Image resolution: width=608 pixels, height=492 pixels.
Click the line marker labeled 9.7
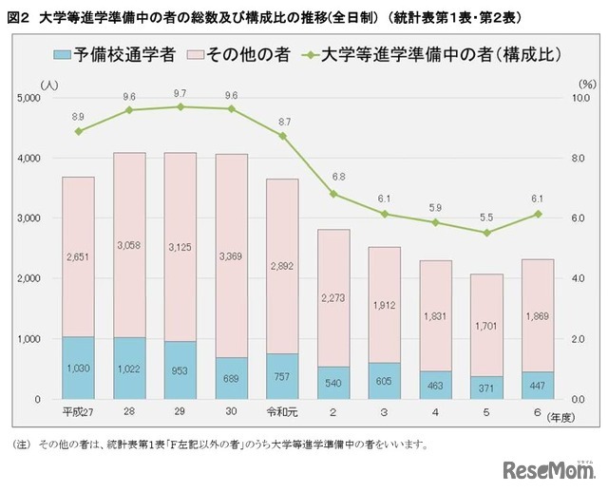[180, 106]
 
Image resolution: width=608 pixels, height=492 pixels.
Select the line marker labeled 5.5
[487, 233]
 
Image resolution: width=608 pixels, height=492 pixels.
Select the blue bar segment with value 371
[487, 388]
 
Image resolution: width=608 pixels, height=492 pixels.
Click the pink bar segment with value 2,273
[334, 298]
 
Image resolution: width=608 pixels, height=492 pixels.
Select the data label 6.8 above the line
[334, 178]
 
